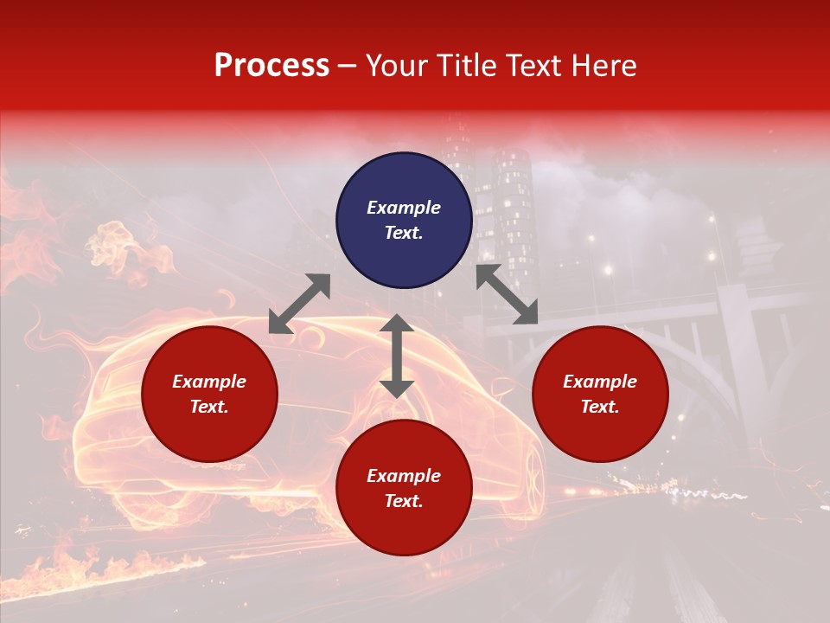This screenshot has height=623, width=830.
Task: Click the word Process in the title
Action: click(271, 66)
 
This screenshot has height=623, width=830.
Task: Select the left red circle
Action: click(209, 433)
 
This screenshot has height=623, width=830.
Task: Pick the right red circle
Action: click(600, 433)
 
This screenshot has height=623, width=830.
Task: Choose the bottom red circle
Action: click(404, 528)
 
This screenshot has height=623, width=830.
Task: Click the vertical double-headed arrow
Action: click(397, 356)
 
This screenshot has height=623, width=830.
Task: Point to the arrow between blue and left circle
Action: click(299, 303)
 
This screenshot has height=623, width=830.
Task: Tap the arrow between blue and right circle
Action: click(507, 294)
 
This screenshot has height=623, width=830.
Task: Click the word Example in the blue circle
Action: click(404, 208)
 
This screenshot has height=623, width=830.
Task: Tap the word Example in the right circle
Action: click(600, 382)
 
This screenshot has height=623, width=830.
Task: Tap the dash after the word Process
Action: click(348, 67)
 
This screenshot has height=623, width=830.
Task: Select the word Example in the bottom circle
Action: click(404, 476)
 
